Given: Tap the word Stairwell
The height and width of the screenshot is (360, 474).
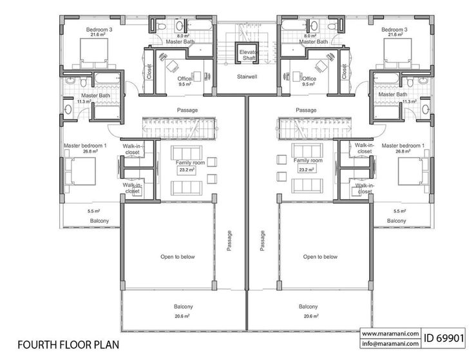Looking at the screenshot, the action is pos(247,77).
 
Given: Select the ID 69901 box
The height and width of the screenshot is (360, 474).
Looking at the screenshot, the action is pos(444,338).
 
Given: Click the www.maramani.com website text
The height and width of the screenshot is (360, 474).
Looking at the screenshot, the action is pos(390,334).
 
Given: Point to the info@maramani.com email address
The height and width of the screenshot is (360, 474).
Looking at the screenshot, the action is pos(390,343).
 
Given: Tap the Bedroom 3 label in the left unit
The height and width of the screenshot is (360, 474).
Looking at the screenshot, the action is pos(99,30).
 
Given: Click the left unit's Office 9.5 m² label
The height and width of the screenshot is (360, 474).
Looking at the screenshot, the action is pos(185,81).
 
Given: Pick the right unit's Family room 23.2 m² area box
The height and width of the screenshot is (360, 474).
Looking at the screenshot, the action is pos(306,169).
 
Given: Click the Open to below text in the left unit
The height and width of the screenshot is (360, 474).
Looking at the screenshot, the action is pos(178,256).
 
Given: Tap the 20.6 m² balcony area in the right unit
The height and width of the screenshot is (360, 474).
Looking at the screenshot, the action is pos(311,316).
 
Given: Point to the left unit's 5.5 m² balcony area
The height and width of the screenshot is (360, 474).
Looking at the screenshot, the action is pos(94,211).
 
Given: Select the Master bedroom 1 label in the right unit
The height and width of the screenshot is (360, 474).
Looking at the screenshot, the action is pos(403,146).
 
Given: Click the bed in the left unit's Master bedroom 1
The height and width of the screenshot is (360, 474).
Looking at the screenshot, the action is pos(80,171).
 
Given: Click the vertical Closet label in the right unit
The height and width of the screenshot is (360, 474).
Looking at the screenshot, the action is pos(344,71).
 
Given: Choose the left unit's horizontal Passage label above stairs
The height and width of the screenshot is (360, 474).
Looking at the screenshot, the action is pos(187,110).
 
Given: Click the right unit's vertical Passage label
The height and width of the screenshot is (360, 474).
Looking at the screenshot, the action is pos(262,241).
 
